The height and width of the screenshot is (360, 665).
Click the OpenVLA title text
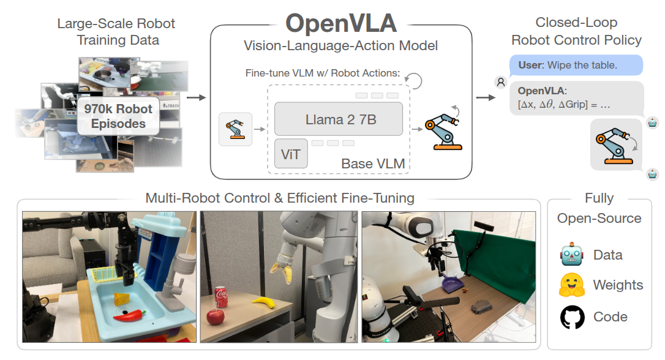click(341, 23)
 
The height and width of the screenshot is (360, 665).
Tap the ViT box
click(290, 154)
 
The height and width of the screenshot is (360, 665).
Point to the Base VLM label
click(372, 163)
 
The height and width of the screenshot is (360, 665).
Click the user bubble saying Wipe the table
click(575, 65)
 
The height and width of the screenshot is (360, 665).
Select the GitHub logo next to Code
click(572, 317)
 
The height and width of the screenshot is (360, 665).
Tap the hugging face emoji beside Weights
click(572, 285)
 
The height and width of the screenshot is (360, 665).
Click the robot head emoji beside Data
click(572, 255)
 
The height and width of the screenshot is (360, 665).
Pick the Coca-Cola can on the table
click(222, 298)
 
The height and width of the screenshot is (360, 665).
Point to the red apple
click(216, 317)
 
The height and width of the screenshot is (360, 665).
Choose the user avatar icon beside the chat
click(501, 81)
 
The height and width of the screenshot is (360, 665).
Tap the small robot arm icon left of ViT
click(235, 129)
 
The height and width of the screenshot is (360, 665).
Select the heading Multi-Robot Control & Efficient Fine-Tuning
click(280, 198)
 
